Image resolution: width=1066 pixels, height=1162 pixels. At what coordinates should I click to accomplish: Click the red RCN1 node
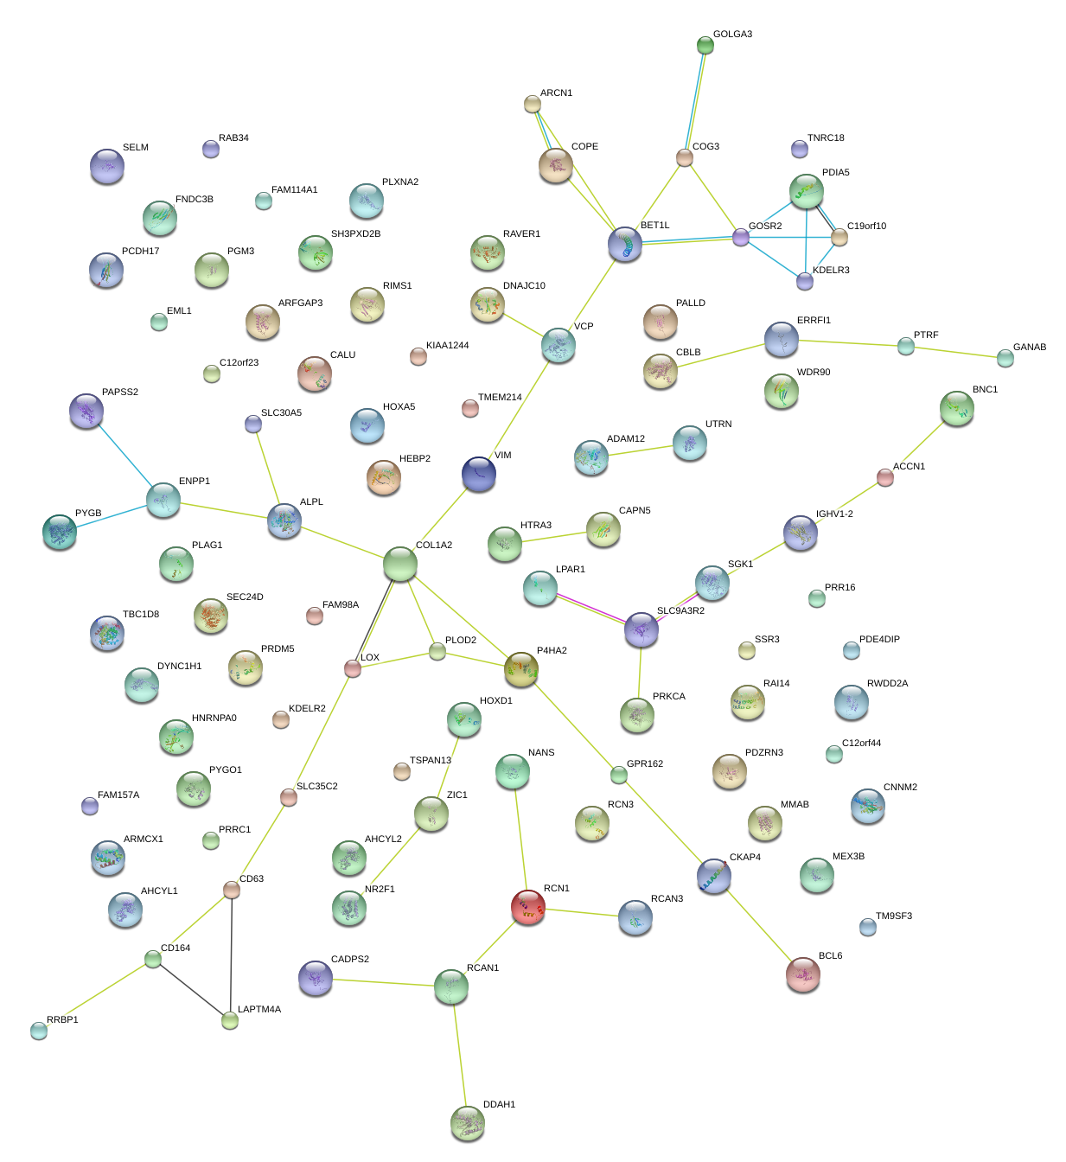tap(528, 906)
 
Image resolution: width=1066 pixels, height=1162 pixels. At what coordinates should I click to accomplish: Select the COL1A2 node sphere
tap(400, 564)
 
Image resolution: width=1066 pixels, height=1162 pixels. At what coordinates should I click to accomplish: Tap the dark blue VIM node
tap(479, 474)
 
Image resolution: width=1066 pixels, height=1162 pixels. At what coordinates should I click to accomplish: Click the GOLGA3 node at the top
tap(705, 45)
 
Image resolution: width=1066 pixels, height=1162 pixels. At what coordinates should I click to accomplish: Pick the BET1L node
tap(625, 245)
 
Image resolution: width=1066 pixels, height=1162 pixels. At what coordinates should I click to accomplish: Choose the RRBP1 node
tap(39, 1030)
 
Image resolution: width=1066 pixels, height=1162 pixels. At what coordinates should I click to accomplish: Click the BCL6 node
tap(803, 974)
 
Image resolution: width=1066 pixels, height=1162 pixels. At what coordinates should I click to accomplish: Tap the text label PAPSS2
tap(120, 393)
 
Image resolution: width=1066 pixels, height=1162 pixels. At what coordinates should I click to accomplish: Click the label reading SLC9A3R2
tap(680, 611)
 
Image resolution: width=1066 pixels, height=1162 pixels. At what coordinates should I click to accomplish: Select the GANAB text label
tap(1030, 348)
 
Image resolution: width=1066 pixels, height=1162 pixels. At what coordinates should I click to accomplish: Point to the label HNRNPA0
tap(214, 718)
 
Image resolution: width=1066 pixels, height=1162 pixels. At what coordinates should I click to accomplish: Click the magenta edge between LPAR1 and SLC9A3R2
tap(591, 609)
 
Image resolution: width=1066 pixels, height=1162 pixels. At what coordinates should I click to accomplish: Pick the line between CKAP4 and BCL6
tap(758, 925)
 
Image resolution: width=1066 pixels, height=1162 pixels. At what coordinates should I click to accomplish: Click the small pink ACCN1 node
tap(885, 477)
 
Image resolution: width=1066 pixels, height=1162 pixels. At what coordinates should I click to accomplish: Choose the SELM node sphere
tap(107, 166)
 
